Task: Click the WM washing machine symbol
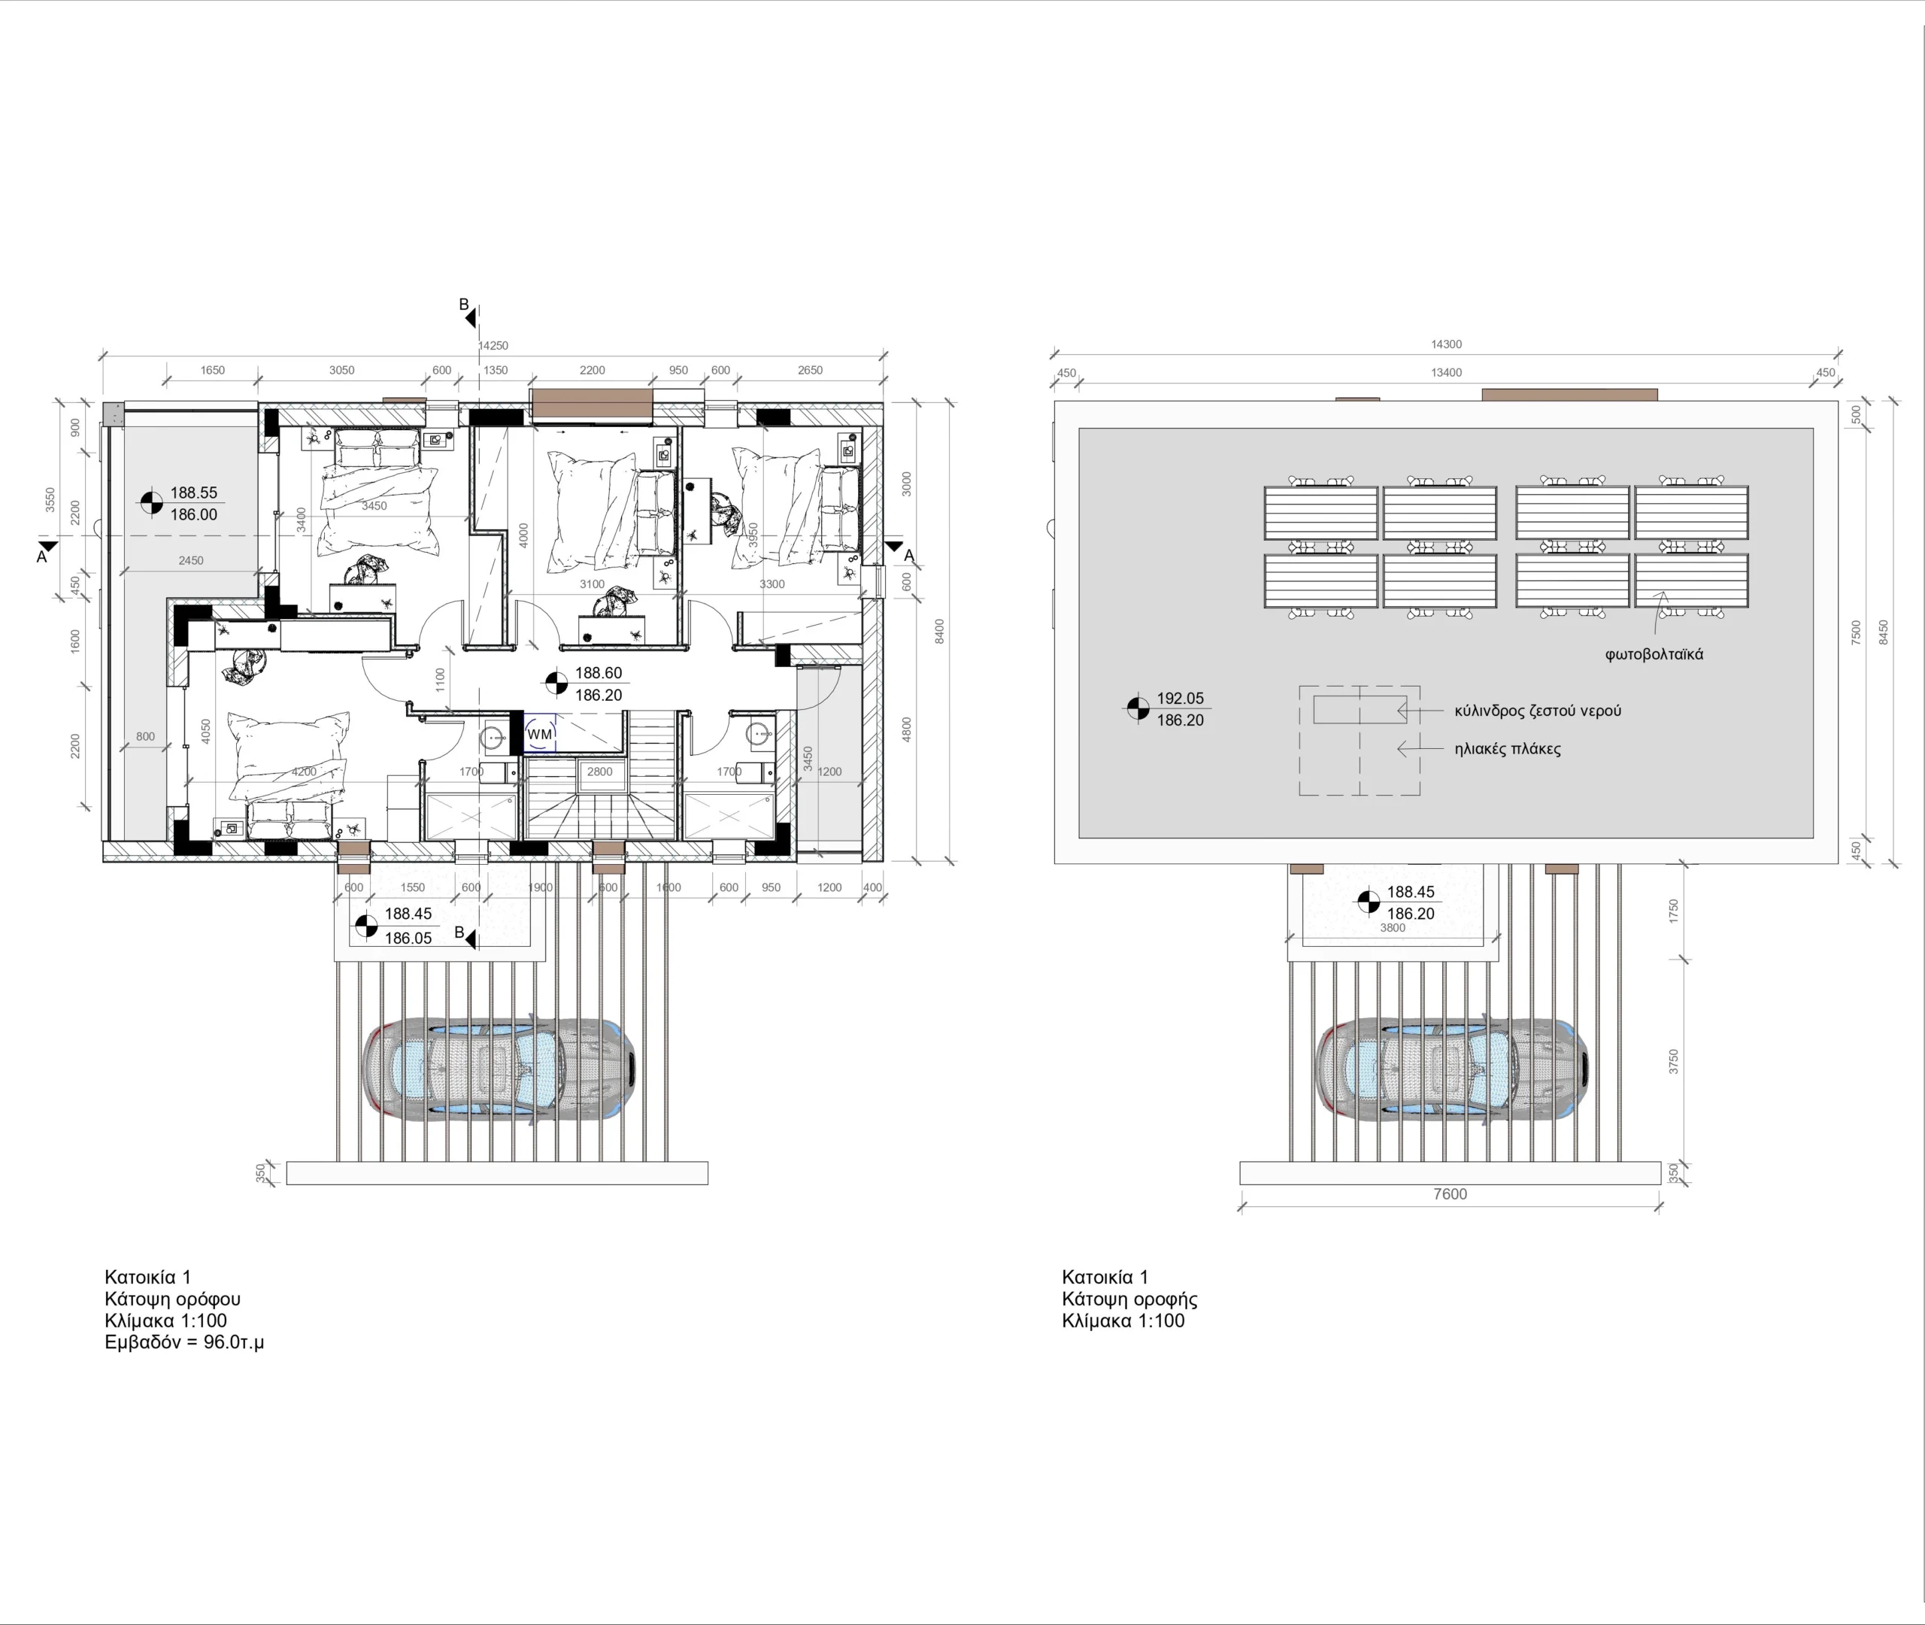[540, 733]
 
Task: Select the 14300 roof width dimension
[1446, 344]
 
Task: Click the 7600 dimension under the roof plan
[1450, 1194]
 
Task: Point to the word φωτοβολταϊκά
[1654, 654]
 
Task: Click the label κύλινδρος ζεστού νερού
[1538, 711]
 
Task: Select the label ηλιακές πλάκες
[1508, 748]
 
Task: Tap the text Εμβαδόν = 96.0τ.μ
[184, 1342]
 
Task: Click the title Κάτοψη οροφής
[1129, 1299]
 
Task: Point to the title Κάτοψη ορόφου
[172, 1299]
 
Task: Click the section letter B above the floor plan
[464, 304]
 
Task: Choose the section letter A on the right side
[909, 556]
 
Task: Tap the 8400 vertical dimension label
[938, 631]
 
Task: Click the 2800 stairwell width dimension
[599, 772]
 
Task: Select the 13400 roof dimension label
[1446, 372]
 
